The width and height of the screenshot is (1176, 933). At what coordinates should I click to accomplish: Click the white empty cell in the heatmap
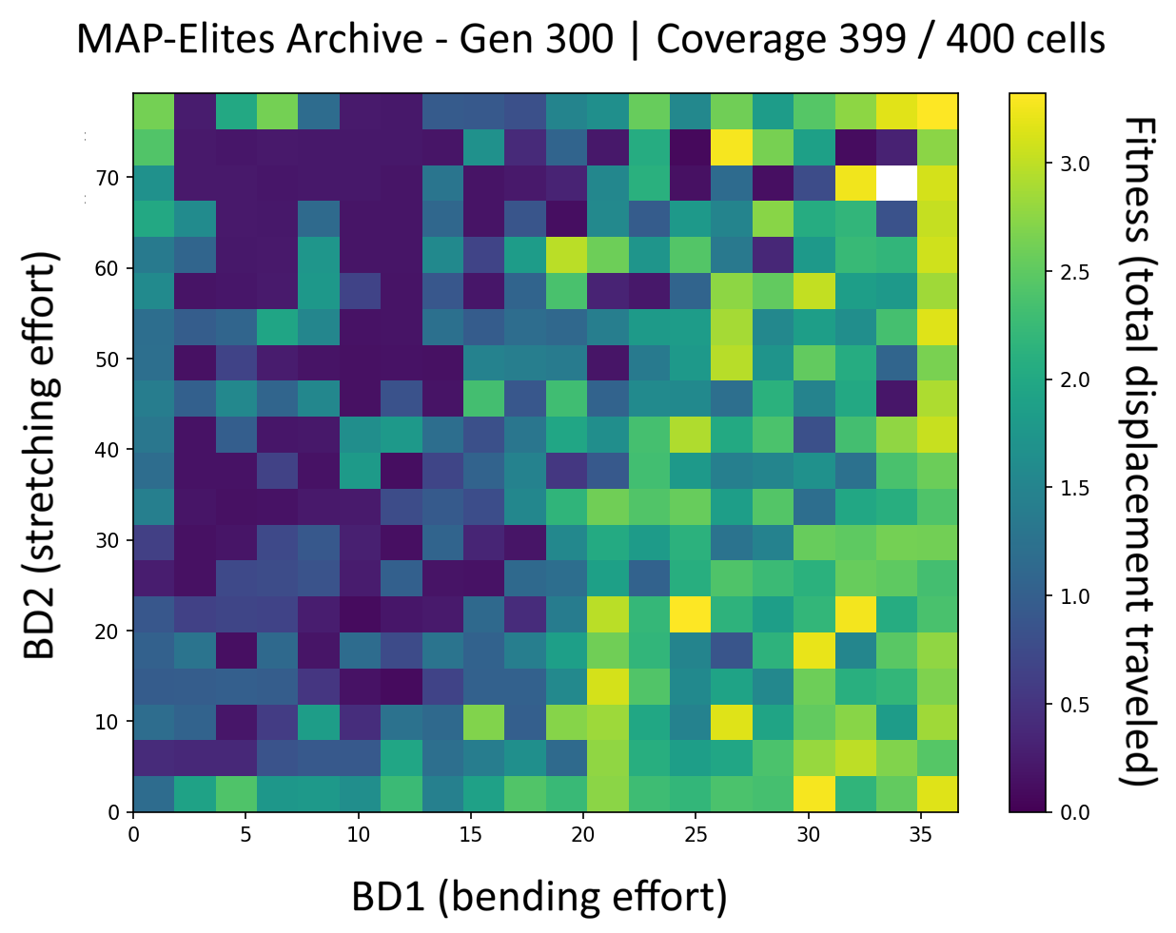(896, 183)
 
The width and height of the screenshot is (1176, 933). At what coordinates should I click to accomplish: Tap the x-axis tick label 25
(696, 835)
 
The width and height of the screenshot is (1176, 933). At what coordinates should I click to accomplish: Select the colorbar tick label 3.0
(1075, 164)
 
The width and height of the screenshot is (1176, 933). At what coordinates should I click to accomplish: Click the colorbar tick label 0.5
(1075, 705)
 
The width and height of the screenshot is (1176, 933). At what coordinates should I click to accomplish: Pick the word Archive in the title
(354, 39)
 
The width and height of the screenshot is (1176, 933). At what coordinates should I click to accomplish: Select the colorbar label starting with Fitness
(1138, 452)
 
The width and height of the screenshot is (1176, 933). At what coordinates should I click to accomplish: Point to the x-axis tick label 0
(133, 835)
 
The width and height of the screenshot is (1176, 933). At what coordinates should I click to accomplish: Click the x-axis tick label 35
(920, 835)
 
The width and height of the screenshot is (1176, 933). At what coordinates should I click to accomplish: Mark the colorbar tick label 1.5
(1075, 488)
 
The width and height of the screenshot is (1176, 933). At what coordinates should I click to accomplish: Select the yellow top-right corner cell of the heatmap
(938, 111)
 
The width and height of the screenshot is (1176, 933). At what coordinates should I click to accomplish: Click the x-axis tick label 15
(470, 835)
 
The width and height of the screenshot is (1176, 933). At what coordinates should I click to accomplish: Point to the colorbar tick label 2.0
(1075, 380)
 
